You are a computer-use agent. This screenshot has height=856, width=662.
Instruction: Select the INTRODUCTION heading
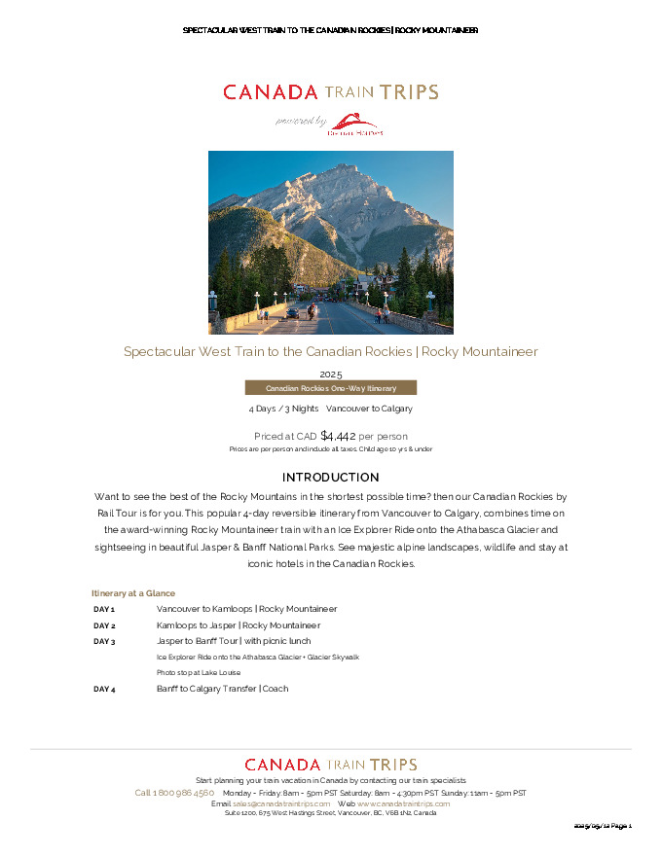pos(330,478)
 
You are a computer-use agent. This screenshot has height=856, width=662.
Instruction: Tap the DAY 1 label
pos(104,609)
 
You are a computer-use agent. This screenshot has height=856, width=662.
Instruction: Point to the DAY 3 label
pos(104,642)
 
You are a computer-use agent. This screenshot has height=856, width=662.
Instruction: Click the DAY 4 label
pos(104,689)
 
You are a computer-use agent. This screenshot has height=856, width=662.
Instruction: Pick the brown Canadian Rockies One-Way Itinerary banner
pos(330,388)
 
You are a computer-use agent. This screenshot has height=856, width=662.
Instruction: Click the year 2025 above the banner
pos(330,374)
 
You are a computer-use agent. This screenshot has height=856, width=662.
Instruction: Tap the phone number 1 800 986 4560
pos(182,793)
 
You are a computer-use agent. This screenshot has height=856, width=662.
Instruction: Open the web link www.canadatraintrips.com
pos(403,803)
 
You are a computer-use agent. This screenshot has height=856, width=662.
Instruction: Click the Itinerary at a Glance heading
pos(133,593)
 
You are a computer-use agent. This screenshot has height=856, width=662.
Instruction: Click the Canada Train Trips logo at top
pos(330,92)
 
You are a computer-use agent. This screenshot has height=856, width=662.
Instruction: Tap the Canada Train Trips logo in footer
pos(330,765)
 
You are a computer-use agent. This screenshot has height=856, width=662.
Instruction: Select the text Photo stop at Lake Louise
pos(199,673)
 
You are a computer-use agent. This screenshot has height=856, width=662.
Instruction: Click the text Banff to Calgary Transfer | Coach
pos(223,689)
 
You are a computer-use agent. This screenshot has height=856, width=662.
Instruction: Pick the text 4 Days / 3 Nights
pos(283,409)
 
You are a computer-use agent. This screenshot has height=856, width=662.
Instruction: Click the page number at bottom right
pos(603,826)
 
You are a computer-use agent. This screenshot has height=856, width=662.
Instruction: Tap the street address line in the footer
pos(330,813)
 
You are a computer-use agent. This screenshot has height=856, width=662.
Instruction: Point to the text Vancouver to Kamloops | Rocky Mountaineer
pos(246,609)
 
